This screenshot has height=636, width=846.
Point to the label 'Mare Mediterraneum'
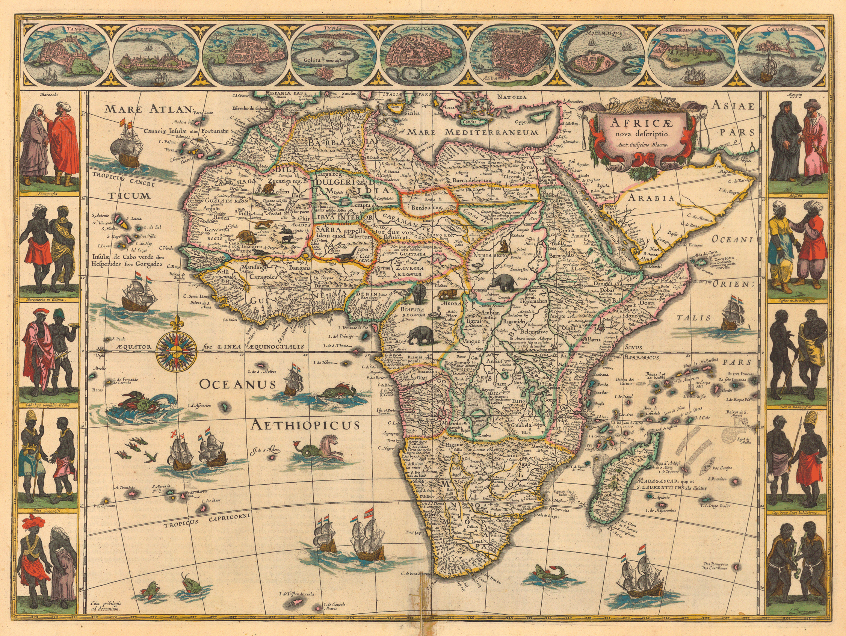tap(472, 133)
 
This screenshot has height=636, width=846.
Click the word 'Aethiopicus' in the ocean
tap(305, 425)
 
